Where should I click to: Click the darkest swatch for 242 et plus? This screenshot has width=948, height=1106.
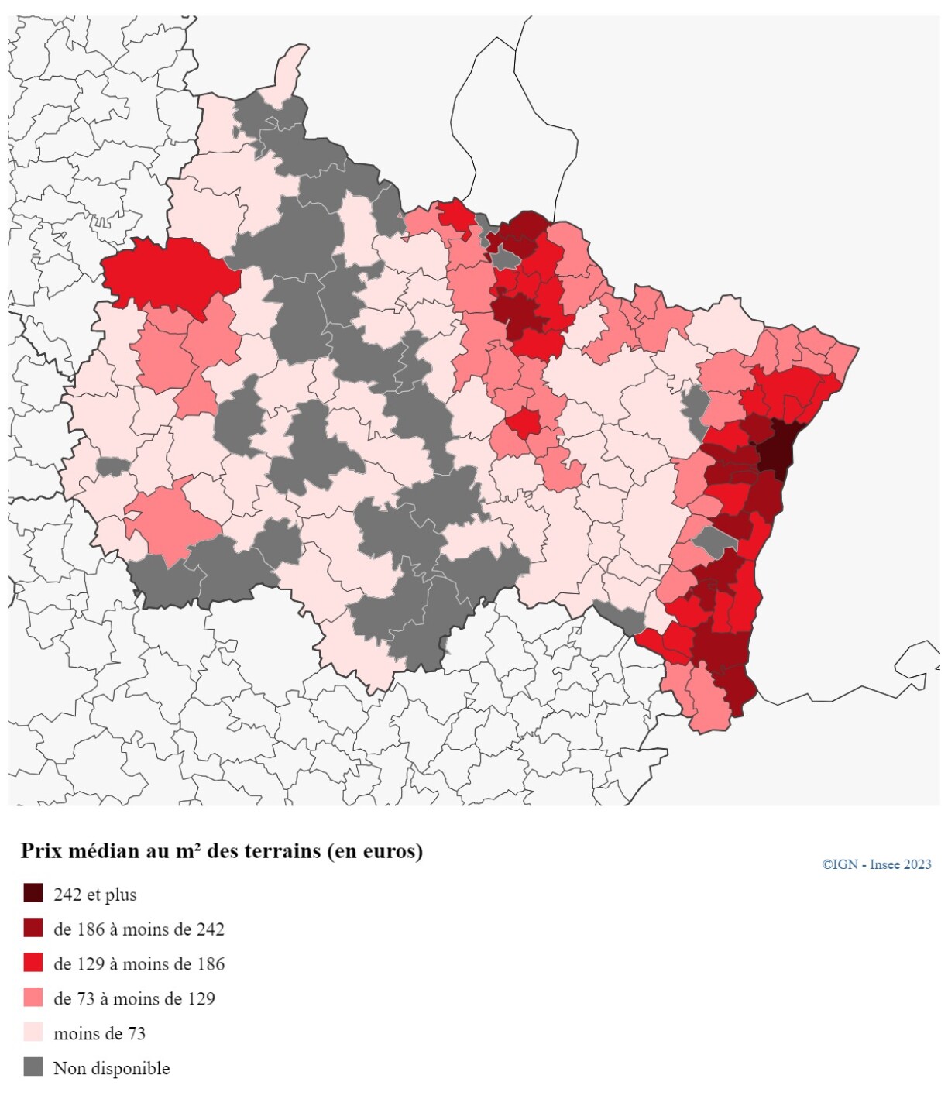tap(33, 893)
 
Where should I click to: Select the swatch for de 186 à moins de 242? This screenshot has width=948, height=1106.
tap(33, 928)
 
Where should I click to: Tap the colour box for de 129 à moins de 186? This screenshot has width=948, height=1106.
tap(33, 963)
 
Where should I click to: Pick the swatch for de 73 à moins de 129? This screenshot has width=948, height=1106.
tap(33, 998)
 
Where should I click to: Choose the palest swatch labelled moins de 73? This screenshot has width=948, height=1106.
tap(33, 1032)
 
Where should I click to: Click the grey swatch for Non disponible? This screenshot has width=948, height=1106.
tap(33, 1067)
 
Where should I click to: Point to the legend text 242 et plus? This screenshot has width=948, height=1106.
tap(94, 895)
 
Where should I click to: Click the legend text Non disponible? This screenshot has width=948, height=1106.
tap(112, 1068)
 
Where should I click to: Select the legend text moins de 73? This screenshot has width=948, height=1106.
tap(99, 1033)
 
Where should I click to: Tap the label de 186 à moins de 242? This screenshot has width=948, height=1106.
tap(139, 929)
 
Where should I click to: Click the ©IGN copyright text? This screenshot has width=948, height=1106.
tap(840, 864)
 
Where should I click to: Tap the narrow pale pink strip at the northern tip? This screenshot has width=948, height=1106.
tap(289, 74)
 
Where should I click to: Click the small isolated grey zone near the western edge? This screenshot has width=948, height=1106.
tap(113, 466)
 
